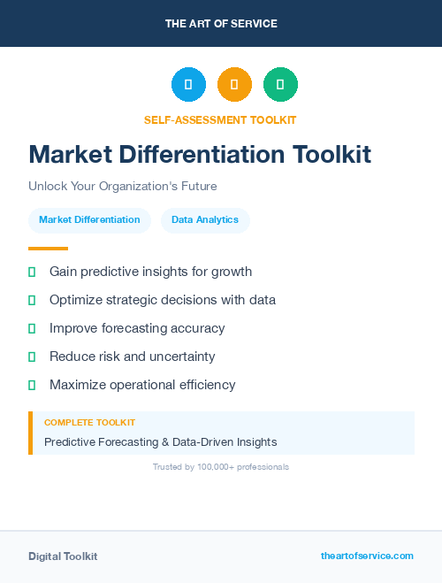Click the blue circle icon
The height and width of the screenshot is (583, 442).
click(188, 85)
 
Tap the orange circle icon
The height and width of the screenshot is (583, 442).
click(234, 85)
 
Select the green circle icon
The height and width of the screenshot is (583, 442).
click(280, 85)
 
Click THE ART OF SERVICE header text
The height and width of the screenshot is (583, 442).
click(221, 24)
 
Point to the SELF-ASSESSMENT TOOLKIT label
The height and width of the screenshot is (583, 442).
click(220, 119)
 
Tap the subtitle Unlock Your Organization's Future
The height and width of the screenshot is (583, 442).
click(122, 187)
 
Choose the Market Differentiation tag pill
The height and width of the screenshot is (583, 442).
click(89, 219)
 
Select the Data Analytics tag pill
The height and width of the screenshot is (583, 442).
click(205, 219)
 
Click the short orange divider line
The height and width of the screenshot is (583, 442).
click(48, 249)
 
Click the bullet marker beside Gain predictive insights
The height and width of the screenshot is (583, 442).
click(32, 272)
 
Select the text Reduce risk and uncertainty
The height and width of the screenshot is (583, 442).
click(132, 357)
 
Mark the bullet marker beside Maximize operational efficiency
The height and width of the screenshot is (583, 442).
click(32, 385)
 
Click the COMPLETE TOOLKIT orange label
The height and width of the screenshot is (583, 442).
click(89, 423)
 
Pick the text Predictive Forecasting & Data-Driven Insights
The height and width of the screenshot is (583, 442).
click(160, 441)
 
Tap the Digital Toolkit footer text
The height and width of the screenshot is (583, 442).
click(63, 556)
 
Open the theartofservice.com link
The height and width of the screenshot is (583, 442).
click(367, 556)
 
